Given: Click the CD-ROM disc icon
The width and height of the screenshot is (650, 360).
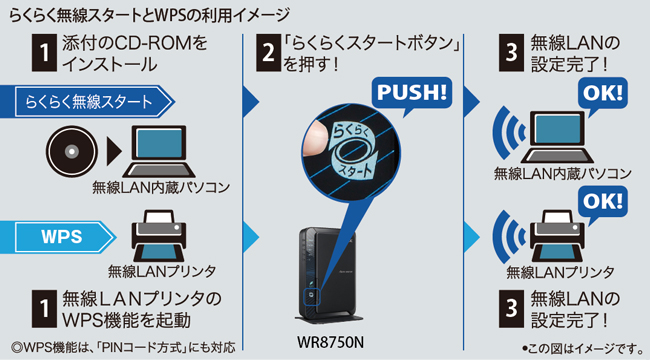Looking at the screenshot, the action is point(72,152).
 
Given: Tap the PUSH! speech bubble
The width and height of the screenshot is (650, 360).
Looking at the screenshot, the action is point(412,93).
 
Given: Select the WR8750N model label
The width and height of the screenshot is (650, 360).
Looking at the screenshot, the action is point(330,343).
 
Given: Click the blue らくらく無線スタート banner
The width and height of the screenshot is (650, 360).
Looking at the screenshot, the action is point(87,102).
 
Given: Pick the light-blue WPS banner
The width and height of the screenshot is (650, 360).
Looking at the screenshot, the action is point(58,237).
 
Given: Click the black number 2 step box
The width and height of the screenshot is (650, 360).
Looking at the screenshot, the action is point(268,53).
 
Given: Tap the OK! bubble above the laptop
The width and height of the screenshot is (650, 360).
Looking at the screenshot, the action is point(602,93).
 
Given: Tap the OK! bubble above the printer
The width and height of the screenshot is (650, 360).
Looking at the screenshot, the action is point(602,202).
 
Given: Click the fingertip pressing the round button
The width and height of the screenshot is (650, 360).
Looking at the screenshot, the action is point(315,139).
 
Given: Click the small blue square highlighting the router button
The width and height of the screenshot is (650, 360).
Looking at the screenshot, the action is point(311,297).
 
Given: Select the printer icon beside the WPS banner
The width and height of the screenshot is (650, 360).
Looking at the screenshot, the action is point(159,236).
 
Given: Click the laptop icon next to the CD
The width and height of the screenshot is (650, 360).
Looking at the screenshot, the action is point(159,152).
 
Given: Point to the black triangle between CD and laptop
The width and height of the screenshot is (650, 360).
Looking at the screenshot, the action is point(114,152).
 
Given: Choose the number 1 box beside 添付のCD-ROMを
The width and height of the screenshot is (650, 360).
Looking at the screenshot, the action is point(44,53).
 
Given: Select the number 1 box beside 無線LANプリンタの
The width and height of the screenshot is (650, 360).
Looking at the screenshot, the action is point(44,309).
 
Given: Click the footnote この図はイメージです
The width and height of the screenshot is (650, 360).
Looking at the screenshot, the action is point(582,348).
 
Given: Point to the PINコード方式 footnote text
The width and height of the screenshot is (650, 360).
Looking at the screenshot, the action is point(124,347).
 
